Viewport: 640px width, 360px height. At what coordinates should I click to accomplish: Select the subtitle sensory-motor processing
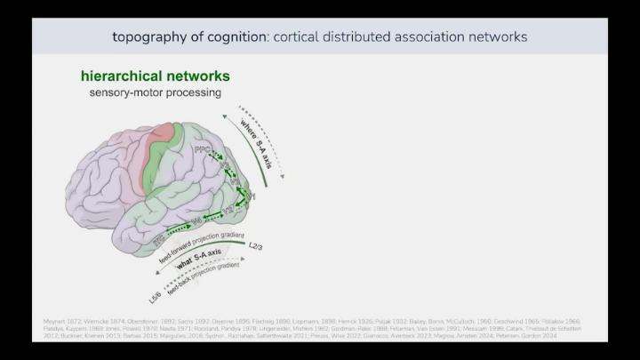click(155, 92)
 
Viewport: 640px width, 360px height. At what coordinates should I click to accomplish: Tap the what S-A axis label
click(198, 262)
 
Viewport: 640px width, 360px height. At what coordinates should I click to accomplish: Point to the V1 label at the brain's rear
click(252, 195)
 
